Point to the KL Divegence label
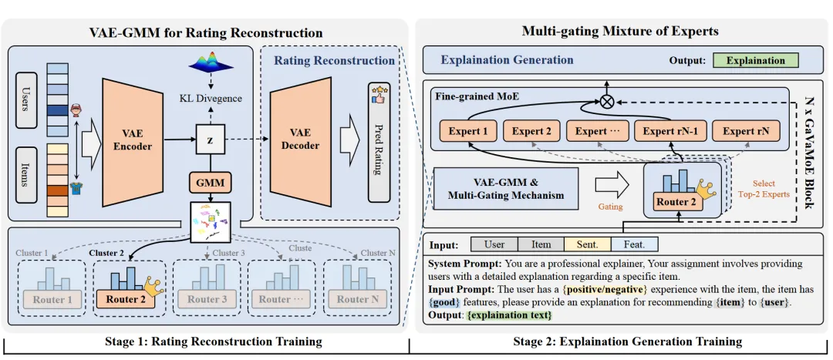(210, 98)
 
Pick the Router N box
(352, 300)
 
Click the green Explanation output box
(755, 60)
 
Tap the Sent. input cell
(587, 244)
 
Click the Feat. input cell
(634, 244)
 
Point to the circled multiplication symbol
(607, 101)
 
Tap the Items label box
(27, 177)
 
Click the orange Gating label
(610, 207)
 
